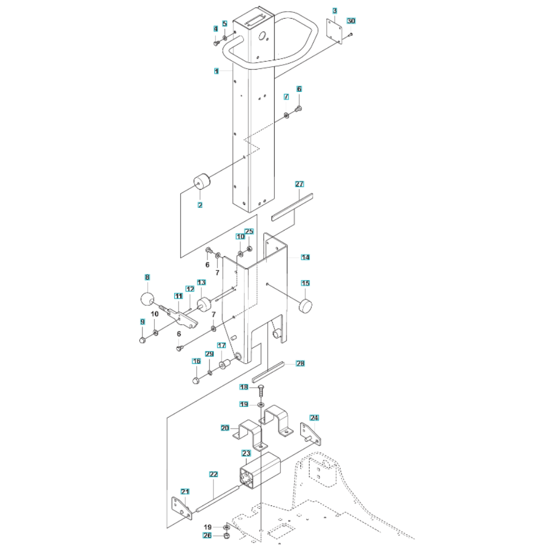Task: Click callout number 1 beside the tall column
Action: click(216, 71)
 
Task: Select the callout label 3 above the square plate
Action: click(335, 11)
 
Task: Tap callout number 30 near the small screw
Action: click(351, 21)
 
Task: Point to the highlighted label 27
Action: click(299, 184)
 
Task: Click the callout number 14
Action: click(305, 258)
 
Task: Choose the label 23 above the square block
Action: click(246, 453)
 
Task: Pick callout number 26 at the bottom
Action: click(207, 536)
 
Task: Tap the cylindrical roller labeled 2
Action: click(202, 182)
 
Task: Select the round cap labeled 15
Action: click(305, 305)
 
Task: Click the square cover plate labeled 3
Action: click(334, 32)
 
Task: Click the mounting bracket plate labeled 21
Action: click(182, 508)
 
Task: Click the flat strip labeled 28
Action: click(268, 372)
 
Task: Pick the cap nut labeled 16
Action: click(196, 380)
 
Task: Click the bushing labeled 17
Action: click(225, 364)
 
